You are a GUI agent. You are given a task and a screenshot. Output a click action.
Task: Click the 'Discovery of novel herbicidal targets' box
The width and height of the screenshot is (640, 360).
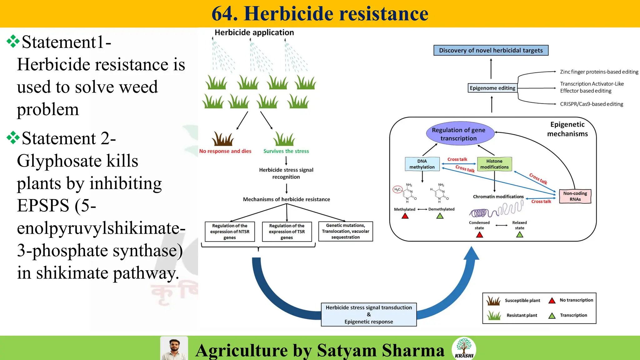coord(491,50)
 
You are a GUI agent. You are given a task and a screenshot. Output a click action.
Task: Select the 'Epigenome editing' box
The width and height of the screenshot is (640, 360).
coord(492,88)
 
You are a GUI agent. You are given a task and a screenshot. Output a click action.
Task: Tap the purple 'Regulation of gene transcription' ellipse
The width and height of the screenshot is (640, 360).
coord(458,134)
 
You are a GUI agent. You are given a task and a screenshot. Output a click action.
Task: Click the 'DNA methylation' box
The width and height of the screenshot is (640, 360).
coord(422,164)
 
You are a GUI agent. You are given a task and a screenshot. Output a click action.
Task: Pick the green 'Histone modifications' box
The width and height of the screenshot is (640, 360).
coord(494,164)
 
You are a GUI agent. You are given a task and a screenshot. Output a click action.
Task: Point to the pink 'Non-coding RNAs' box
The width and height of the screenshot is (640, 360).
coord(575,196)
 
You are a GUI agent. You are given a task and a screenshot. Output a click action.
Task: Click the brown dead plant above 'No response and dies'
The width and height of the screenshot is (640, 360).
coord(223,139)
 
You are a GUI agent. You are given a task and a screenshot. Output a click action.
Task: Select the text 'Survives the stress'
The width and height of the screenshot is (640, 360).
coord(286,151)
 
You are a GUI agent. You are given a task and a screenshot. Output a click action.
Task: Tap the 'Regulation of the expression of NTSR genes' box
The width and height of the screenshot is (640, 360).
coord(230,232)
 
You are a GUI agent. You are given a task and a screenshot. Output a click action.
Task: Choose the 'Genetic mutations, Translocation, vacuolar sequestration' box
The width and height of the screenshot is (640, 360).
coord(345,231)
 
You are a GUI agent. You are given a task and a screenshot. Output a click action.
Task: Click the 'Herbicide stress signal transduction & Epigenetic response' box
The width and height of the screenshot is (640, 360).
coord(369,314)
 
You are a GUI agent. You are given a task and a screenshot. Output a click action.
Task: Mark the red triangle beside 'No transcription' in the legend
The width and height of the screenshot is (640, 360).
coord(552,301)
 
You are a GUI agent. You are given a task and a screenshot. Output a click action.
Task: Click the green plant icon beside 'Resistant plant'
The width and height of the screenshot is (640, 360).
coord(494,316)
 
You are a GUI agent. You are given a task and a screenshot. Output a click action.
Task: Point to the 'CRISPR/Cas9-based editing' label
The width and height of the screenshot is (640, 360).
coord(591,104)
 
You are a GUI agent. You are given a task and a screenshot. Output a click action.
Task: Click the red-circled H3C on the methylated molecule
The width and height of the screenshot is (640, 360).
coord(397,189)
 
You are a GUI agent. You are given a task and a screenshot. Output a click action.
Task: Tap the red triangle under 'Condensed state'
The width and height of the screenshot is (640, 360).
coord(479,235)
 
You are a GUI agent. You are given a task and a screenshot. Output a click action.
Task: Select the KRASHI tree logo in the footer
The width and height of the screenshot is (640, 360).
coord(464,348)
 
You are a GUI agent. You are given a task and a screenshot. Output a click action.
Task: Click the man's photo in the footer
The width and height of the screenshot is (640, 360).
coord(174,348)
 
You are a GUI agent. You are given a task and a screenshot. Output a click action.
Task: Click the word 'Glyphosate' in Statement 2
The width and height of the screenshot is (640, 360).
coord(59,161)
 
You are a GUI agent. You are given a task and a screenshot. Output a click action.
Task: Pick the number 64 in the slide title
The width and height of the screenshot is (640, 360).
coord(224,14)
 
